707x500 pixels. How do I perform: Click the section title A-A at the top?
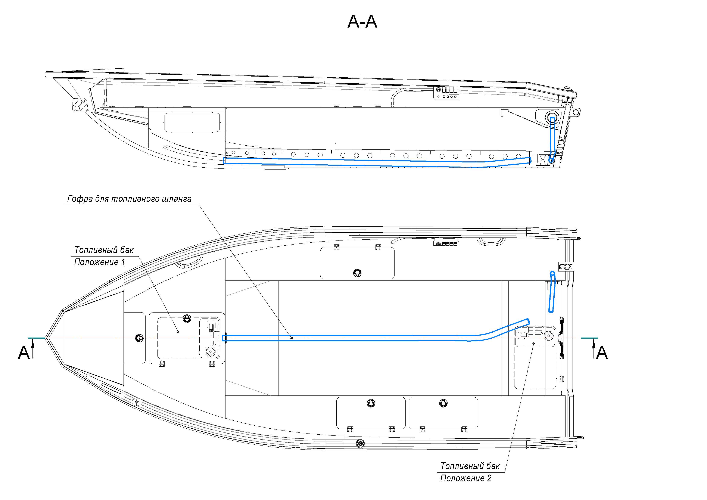(x=362, y=22)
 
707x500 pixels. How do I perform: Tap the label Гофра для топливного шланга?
(x=129, y=199)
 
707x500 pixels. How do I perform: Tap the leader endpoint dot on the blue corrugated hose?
(x=292, y=338)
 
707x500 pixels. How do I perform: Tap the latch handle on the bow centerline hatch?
(x=140, y=338)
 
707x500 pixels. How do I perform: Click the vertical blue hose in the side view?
(x=552, y=140)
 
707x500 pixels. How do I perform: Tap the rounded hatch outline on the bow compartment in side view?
(x=192, y=122)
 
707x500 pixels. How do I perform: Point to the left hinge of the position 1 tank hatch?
(x=162, y=364)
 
